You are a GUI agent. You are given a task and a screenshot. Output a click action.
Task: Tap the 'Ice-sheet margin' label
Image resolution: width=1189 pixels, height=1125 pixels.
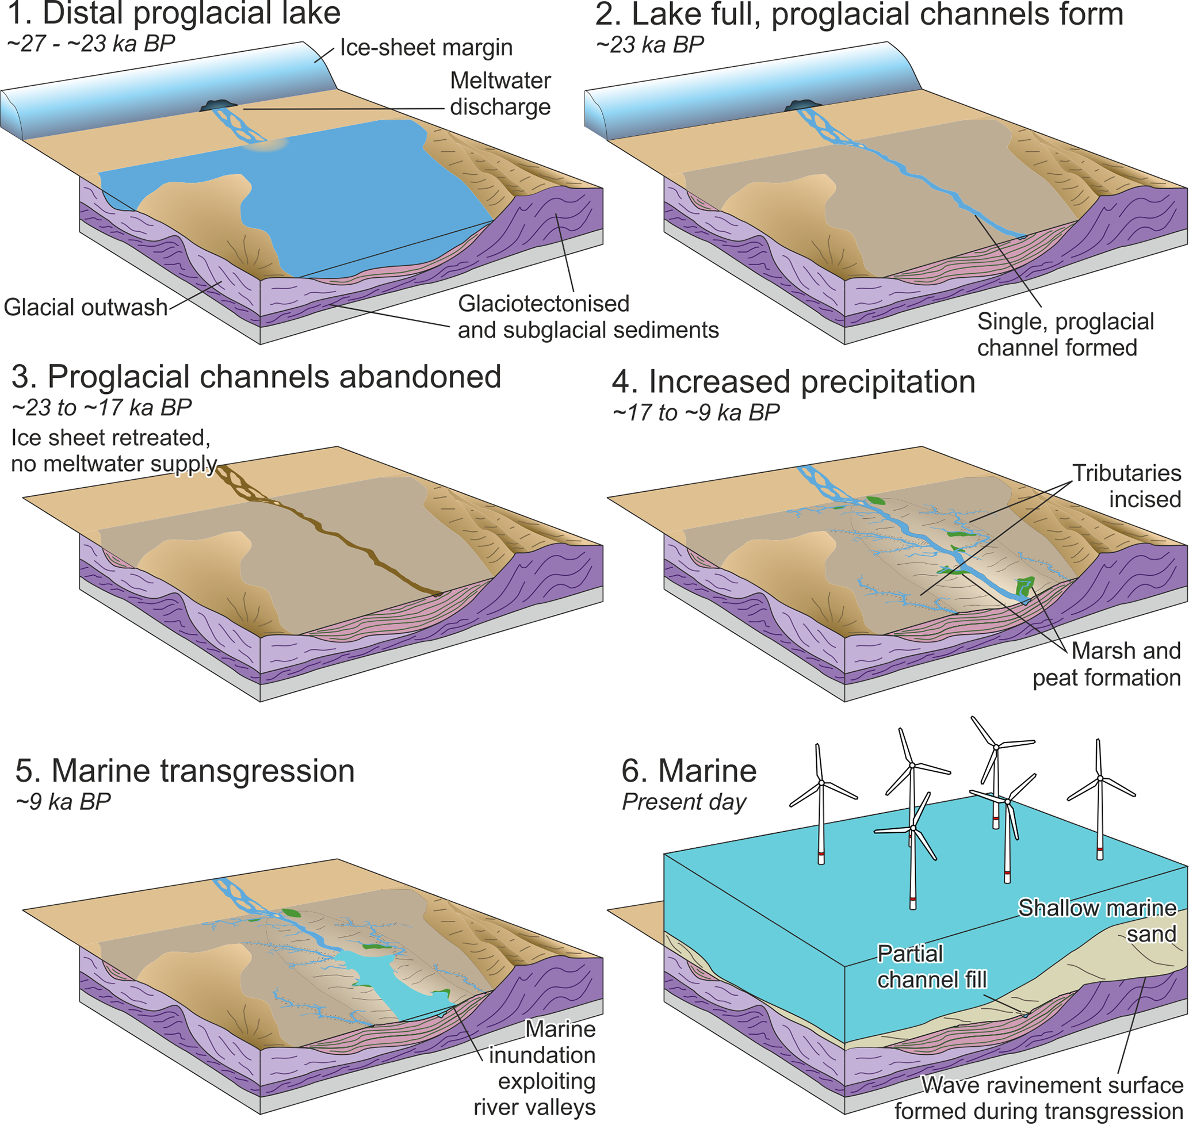tap(426, 48)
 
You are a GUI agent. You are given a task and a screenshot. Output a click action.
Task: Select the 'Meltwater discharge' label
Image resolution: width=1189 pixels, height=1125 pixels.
tap(500, 94)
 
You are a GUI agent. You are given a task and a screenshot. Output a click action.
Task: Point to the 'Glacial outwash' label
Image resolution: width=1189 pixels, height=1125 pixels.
tap(85, 308)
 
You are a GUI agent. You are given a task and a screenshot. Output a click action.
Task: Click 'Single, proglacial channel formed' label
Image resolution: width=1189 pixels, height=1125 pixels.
tap(1065, 335)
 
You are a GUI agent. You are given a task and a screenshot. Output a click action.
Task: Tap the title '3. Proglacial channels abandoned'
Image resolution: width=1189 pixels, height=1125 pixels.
tap(256, 377)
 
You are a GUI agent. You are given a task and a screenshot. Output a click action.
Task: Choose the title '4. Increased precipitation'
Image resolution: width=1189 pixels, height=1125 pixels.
tap(794, 382)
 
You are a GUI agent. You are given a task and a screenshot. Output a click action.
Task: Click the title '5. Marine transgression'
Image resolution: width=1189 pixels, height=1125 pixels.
tap(185, 771)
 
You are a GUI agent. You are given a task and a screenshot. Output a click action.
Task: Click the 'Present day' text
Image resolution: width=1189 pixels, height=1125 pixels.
tap(684, 802)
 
